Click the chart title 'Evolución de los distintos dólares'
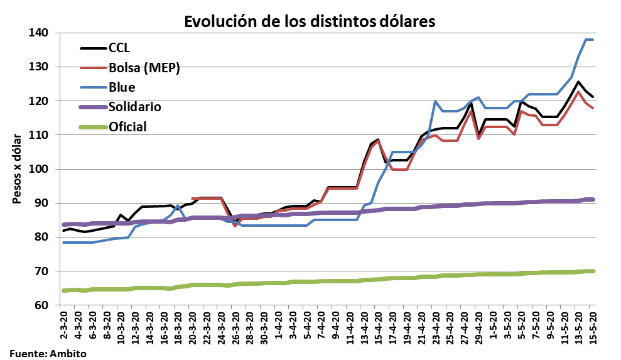309,21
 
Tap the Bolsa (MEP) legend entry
144,68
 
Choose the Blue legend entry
122,87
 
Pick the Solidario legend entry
135,107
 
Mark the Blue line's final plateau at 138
590,40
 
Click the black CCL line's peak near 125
578,82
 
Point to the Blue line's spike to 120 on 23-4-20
435,101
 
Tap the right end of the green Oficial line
593,271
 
